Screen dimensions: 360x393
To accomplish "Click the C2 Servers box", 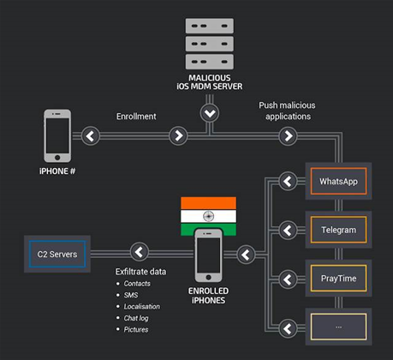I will (x=56, y=254).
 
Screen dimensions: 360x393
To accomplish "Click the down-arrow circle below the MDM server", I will (x=210, y=113).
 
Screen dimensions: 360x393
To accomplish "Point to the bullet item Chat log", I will (x=138, y=317).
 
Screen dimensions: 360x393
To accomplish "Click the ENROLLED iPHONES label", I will (x=208, y=296).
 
